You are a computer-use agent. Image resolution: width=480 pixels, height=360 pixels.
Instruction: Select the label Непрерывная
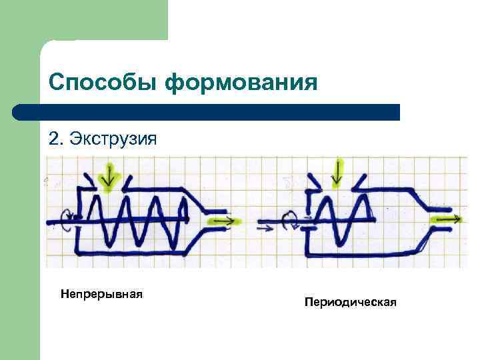click(x=102, y=293)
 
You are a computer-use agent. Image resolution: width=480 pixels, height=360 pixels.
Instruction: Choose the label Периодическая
click(x=350, y=303)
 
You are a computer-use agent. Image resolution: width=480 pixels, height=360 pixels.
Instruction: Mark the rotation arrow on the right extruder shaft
click(x=291, y=219)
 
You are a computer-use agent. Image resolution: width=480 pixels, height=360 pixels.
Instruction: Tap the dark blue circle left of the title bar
click(x=20, y=112)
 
